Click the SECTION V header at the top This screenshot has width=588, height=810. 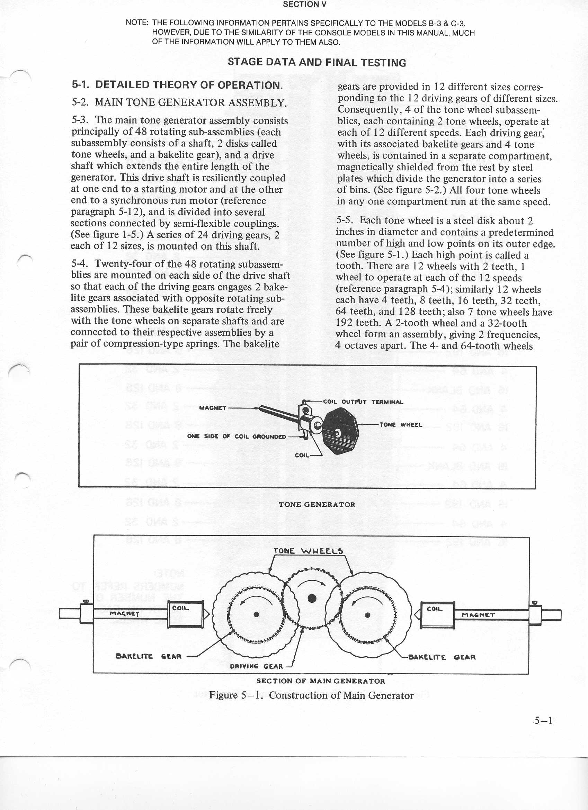click(304, 4)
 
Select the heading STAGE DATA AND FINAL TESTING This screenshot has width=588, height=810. click(317, 63)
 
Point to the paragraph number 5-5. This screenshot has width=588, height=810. click(345, 220)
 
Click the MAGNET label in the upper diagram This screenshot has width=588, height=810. click(213, 408)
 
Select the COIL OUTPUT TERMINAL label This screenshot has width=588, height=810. click(363, 402)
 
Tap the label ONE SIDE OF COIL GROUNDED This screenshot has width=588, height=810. click(237, 436)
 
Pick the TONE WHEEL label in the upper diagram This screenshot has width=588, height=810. click(400, 425)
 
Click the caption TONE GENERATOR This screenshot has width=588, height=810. click(317, 505)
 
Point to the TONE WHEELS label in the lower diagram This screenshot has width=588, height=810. click(308, 551)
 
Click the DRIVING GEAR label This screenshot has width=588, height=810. click(256, 666)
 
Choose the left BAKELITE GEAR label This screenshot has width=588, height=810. click(149, 656)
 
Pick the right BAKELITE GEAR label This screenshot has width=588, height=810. click(442, 657)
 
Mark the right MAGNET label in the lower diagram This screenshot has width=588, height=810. click(478, 615)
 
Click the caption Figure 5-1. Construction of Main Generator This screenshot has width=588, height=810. click(311, 695)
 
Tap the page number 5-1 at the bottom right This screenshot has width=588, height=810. click(543, 721)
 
